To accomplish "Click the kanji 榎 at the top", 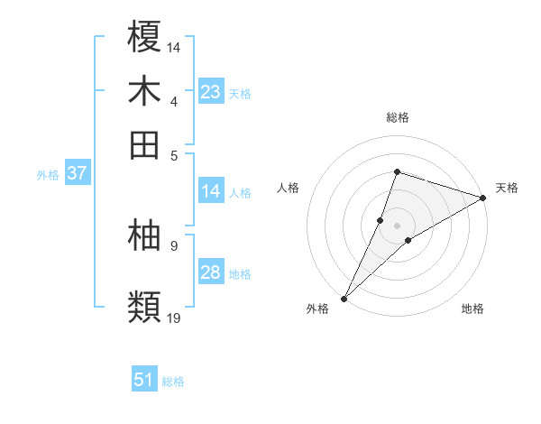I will [x=145, y=37].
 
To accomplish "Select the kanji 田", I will [x=145, y=144].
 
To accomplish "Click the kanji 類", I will [x=145, y=308].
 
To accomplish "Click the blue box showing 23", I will [x=211, y=92].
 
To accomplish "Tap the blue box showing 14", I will [x=211, y=191].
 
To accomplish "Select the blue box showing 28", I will [x=211, y=272].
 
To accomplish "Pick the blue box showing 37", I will [x=77, y=173].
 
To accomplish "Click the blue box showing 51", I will [x=144, y=380].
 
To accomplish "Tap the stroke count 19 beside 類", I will [x=174, y=318].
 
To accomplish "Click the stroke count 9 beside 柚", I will [x=173, y=244].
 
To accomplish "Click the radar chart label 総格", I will [x=398, y=117].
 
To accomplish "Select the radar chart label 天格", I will [x=507, y=188].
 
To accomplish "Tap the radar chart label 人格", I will [x=289, y=188].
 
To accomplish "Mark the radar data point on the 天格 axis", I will [x=482, y=198].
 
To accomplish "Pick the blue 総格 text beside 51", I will [x=173, y=382].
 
